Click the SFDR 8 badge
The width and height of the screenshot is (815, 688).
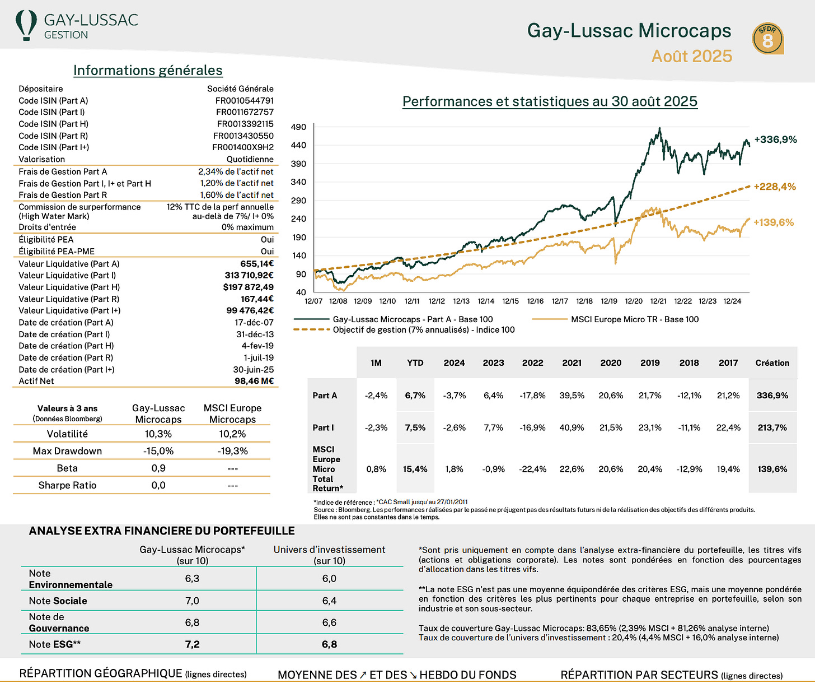coord(767,39)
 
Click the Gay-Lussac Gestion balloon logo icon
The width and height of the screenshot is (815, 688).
coord(26,25)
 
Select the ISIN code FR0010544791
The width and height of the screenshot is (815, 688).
coord(245,101)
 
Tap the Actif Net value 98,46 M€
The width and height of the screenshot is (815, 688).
coord(254,381)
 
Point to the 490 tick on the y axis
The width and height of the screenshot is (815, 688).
coord(298,127)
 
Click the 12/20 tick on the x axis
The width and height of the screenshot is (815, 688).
coord(634,301)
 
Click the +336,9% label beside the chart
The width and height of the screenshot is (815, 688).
coord(775,140)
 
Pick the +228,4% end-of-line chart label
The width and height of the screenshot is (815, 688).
coord(775,187)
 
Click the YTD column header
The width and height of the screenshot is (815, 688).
coord(415,363)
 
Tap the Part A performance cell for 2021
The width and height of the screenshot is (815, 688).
coord(572,396)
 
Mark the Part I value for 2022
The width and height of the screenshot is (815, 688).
coord(532,427)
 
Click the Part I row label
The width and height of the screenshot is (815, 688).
coord(323,427)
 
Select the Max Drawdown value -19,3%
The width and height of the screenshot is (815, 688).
coord(232,451)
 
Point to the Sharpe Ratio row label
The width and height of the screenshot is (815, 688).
coord(67,485)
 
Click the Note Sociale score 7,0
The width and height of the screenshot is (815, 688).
coord(192,601)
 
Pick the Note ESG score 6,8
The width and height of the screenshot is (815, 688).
coord(329,644)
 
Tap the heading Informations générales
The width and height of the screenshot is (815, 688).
coord(148,71)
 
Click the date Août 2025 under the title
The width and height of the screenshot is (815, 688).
coord(692,56)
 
